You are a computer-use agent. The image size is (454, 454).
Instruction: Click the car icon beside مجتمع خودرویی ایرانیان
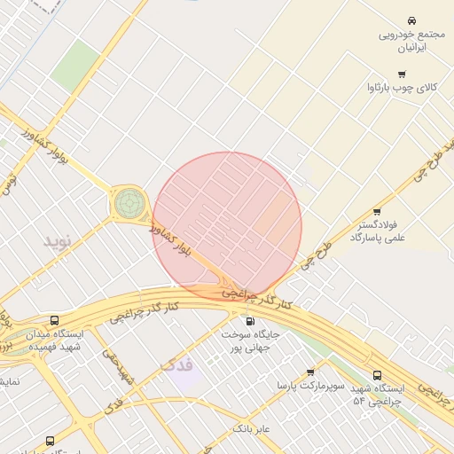tap(411, 20)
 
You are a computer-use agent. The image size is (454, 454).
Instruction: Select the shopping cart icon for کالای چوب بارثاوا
tap(402, 74)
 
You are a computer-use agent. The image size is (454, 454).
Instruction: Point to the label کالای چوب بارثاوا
tap(403, 89)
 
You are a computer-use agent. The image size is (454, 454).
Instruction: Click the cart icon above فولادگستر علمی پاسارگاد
tap(377, 211)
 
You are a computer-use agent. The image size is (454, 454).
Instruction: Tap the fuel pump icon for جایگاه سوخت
tap(249, 322)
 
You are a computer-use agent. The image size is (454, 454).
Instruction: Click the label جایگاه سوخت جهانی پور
tap(249, 342)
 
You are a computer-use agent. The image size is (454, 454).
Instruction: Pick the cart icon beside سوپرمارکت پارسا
tap(309, 372)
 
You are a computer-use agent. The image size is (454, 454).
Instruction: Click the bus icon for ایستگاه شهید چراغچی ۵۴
tap(379, 376)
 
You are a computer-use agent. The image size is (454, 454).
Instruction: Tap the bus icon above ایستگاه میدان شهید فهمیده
tap(55, 320)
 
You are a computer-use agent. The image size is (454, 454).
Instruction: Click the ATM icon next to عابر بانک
tap(262, 414)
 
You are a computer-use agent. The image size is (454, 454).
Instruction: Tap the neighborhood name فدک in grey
tap(176, 364)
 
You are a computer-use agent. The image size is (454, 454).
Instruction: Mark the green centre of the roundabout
tap(129, 203)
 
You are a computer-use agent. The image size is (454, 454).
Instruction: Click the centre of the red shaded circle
tap(227, 227)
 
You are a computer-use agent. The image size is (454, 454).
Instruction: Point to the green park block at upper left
tap(75, 65)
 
